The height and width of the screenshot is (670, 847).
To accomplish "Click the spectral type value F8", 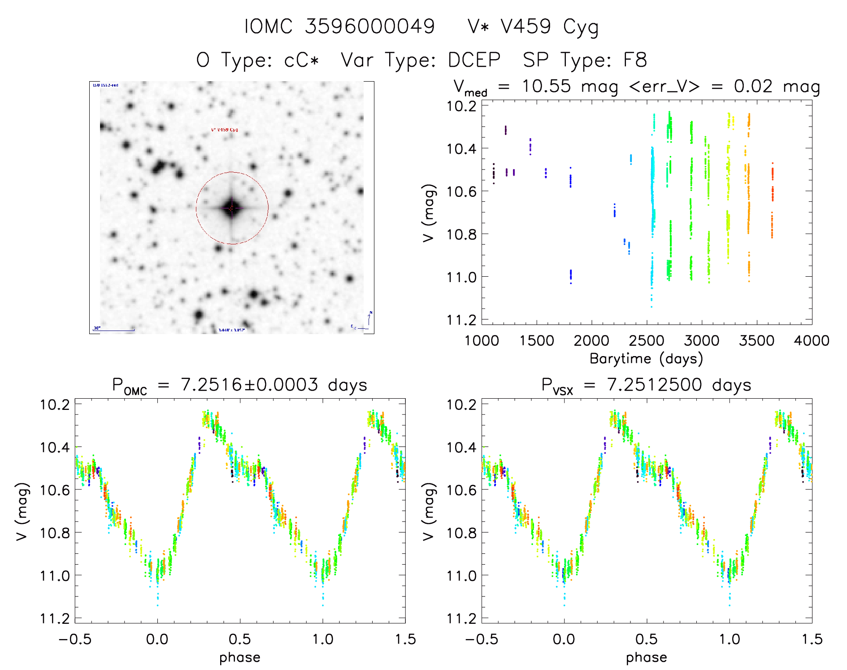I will pos(635,60).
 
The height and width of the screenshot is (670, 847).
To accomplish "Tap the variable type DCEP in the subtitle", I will pos(474,60).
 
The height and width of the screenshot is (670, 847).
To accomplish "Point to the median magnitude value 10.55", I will pos(546,86).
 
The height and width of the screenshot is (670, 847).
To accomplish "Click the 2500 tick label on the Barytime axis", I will pos(647,340).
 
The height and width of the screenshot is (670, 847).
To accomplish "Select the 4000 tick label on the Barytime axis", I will pos(812,340).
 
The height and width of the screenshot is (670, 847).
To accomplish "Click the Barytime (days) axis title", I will pos(646,359).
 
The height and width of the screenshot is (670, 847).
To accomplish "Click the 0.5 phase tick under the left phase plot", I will pos(240,639).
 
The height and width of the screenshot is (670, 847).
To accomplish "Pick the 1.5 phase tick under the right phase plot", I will pos(812,639).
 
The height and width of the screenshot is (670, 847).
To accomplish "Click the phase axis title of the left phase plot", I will pos(240,657).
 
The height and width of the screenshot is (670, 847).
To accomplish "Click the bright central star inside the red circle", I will pos(231,208).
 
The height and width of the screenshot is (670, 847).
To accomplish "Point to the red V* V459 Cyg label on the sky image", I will pos(224,130).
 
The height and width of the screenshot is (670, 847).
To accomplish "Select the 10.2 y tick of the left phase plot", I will pos(55,405).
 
